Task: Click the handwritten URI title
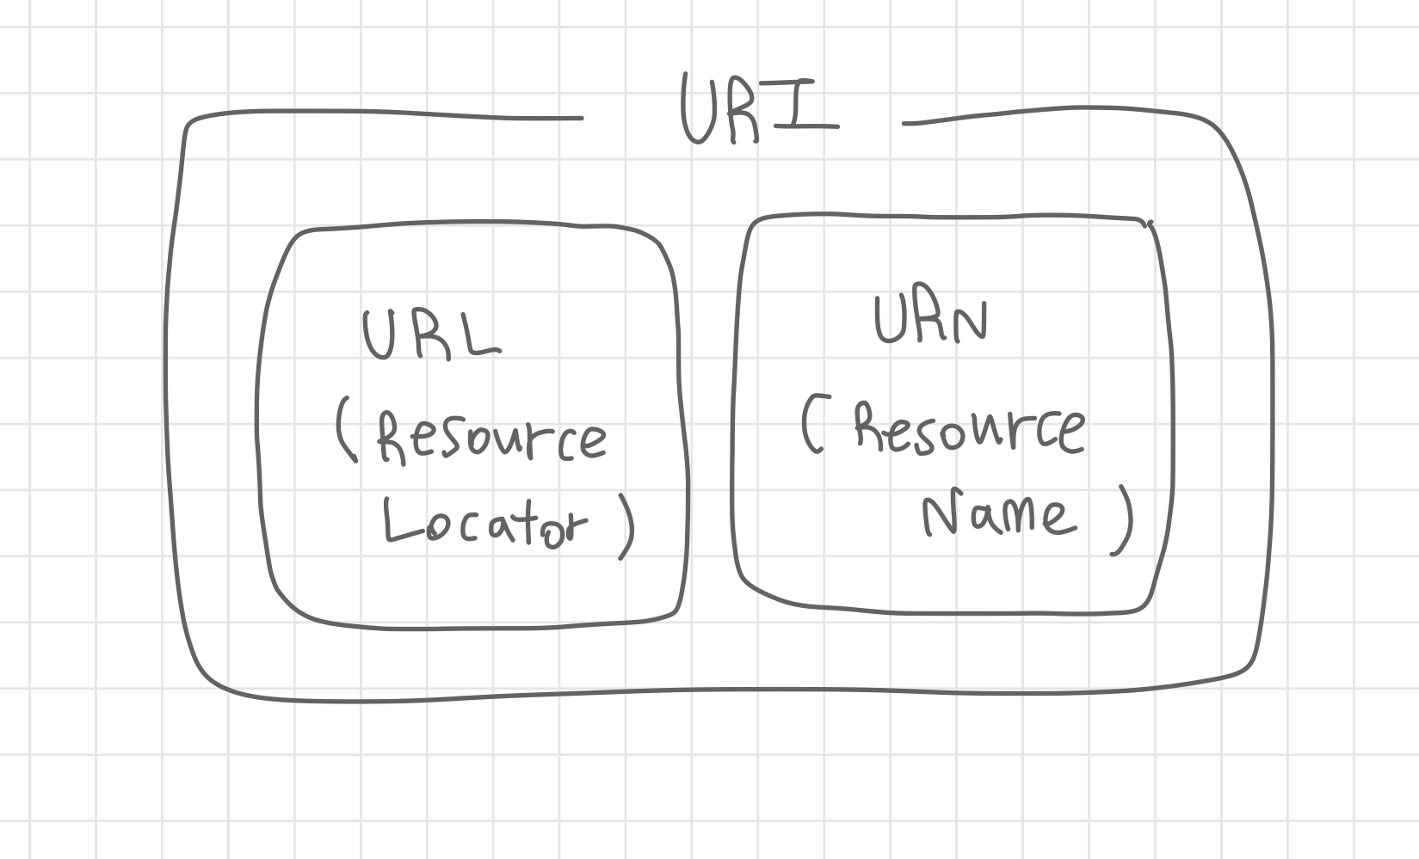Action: click(757, 110)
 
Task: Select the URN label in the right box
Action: click(930, 320)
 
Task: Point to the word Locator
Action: click(484, 522)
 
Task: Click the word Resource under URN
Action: click(969, 427)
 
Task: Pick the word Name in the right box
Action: click(998, 513)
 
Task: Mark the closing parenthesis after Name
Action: click(1124, 520)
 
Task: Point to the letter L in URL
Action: click(480, 335)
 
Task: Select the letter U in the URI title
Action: click(700, 110)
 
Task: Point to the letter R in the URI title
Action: click(747, 112)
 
